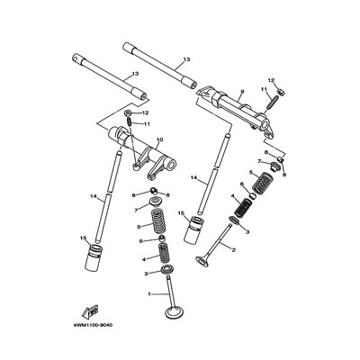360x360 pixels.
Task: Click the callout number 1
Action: pyautogui.click(x=149, y=294)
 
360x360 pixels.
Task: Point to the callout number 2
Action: pyautogui.click(x=233, y=249)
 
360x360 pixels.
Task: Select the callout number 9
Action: pyautogui.click(x=242, y=91)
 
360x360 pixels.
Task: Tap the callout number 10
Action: pyautogui.click(x=159, y=140)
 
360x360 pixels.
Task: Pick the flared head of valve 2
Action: pyautogui.click(x=202, y=260)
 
